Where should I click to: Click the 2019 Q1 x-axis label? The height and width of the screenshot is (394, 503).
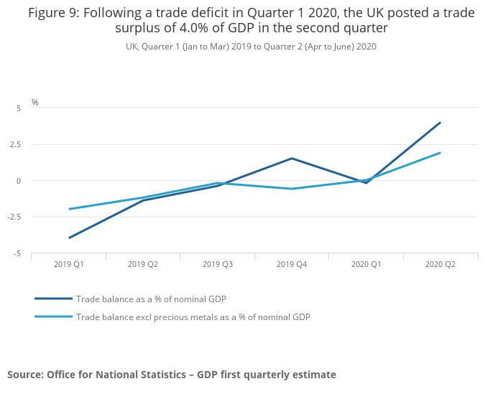click(69, 264)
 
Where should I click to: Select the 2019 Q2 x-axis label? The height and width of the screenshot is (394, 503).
click(143, 264)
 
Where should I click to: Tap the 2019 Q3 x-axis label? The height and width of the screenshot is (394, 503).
click(218, 264)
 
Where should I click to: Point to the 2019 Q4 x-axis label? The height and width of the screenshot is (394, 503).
click(292, 264)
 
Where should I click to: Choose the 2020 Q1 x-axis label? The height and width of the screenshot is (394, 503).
click(366, 264)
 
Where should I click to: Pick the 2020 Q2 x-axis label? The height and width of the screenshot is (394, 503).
click(440, 264)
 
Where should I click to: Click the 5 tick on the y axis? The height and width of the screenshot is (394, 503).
click(19, 108)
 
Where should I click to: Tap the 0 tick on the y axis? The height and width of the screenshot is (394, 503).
click(19, 181)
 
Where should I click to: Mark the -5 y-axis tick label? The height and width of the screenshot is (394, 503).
click(17, 253)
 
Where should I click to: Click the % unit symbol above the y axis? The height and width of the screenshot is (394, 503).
click(35, 103)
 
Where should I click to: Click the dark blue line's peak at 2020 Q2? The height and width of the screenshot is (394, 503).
click(440, 122)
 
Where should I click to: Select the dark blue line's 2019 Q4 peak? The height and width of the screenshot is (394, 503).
click(292, 158)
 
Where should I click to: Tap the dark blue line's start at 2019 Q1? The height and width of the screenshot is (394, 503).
click(69, 238)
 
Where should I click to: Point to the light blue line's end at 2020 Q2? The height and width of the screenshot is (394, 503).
click(440, 152)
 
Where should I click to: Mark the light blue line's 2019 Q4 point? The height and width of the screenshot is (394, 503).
click(292, 189)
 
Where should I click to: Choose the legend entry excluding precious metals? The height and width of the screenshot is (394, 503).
click(193, 316)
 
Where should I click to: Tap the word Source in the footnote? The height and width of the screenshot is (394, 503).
click(24, 375)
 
